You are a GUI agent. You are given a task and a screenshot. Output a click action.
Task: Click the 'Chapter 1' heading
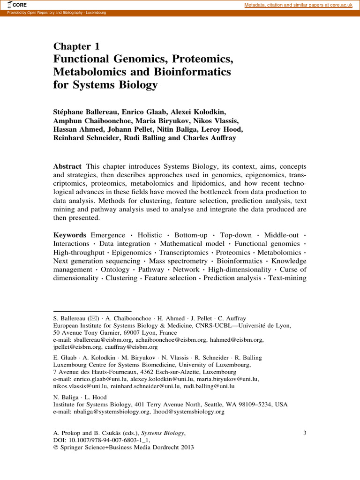[76, 46]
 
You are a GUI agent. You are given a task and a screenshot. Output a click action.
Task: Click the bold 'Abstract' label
[67, 167]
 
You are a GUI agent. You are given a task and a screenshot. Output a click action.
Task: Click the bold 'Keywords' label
[70, 235]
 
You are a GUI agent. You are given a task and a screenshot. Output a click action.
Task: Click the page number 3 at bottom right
[305, 433]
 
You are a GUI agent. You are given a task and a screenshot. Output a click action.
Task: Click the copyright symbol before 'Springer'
[56, 448]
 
